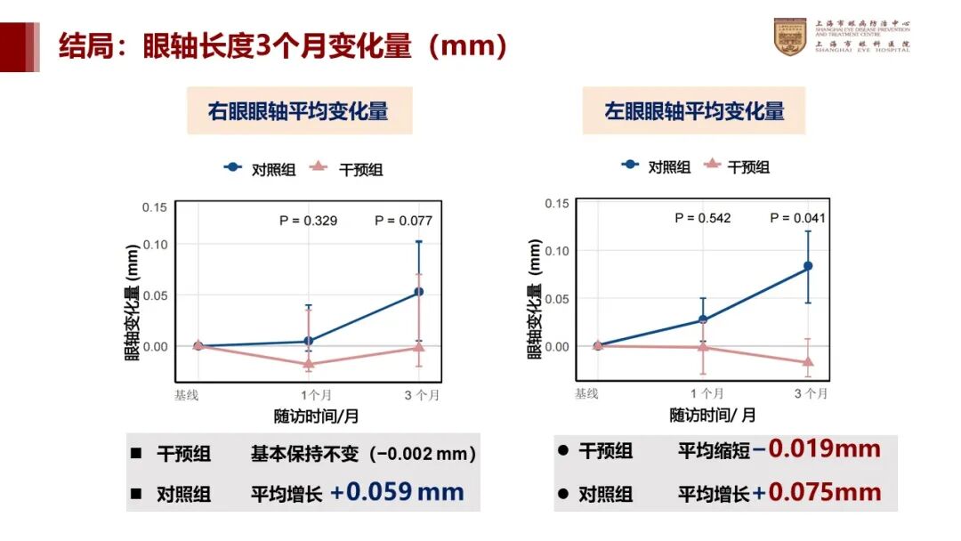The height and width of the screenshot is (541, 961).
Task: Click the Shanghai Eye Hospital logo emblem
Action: coord(789,36)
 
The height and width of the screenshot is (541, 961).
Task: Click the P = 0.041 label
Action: coord(797,218)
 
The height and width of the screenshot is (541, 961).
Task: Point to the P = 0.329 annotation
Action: coord(308,221)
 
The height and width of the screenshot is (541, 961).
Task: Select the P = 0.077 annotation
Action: coord(403,221)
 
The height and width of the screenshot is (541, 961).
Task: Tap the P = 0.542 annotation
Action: coord(702,218)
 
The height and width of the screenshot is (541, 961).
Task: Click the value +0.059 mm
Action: coord(397,492)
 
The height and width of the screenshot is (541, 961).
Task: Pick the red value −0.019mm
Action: coord(816,448)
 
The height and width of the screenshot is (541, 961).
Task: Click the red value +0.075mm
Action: coord(816,492)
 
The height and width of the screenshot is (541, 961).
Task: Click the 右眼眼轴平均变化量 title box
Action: coord(299,111)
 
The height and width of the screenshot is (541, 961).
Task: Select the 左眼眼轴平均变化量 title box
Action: coord(694,111)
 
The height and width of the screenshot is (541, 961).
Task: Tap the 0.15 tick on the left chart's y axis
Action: coord(155,207)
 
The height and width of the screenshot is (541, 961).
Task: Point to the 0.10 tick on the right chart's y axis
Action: coord(556,251)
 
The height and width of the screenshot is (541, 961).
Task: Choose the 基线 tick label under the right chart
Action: coord(586,393)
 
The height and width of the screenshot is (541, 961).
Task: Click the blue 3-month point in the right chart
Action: coord(808,265)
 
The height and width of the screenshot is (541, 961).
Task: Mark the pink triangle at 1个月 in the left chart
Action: coord(309,364)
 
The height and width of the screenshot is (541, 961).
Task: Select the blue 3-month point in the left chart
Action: coord(419,291)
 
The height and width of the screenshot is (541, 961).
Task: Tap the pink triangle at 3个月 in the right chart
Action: coord(808,361)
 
